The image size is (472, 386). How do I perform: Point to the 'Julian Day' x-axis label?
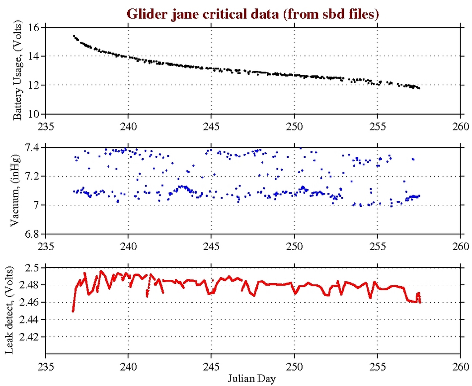[253, 378]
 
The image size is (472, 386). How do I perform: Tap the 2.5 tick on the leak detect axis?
[34, 268]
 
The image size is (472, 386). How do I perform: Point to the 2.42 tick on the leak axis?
[32, 337]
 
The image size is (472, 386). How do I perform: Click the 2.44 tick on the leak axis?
[32, 320]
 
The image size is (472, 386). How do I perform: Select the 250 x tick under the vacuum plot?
[294, 245]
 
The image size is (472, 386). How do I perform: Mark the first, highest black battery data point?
[74, 36]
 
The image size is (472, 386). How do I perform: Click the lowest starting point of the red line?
[73, 311]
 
